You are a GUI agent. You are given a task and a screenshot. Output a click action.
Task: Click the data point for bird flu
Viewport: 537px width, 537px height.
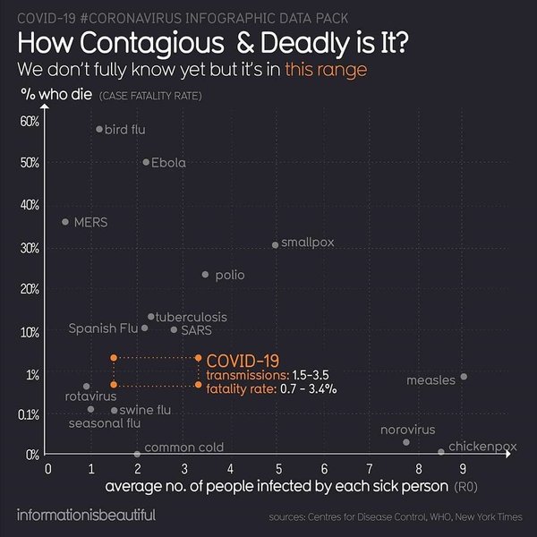99,129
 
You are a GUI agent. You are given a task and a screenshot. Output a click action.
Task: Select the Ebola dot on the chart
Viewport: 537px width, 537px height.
146,162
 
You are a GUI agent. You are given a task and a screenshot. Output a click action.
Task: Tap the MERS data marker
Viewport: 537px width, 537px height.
64,221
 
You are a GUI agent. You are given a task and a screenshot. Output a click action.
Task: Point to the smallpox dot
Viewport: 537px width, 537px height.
275,244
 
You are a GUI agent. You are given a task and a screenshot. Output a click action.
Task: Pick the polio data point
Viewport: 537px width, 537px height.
205,275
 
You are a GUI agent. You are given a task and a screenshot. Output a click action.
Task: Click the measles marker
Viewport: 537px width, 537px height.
463,377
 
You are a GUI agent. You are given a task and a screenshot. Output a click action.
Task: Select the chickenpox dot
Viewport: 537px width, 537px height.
440,452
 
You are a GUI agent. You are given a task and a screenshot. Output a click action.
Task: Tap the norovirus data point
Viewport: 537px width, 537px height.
406,442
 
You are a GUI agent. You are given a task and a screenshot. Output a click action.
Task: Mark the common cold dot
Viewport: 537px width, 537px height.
137,454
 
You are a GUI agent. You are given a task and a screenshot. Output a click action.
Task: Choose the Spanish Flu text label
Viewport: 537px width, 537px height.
103,328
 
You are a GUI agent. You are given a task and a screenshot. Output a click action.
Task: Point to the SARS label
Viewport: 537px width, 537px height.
196,329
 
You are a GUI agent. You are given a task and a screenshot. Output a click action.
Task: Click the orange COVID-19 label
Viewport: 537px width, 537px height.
242,359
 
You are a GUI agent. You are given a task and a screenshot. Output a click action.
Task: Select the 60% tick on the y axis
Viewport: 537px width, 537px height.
30,121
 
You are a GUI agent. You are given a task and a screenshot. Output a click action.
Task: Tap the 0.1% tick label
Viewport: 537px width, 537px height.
29,414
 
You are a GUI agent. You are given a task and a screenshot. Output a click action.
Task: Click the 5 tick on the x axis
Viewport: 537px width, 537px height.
277,468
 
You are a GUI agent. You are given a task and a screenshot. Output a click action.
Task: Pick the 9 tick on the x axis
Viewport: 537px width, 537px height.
463,468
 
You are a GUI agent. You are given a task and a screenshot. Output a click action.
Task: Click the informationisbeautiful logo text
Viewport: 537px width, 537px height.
86,515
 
